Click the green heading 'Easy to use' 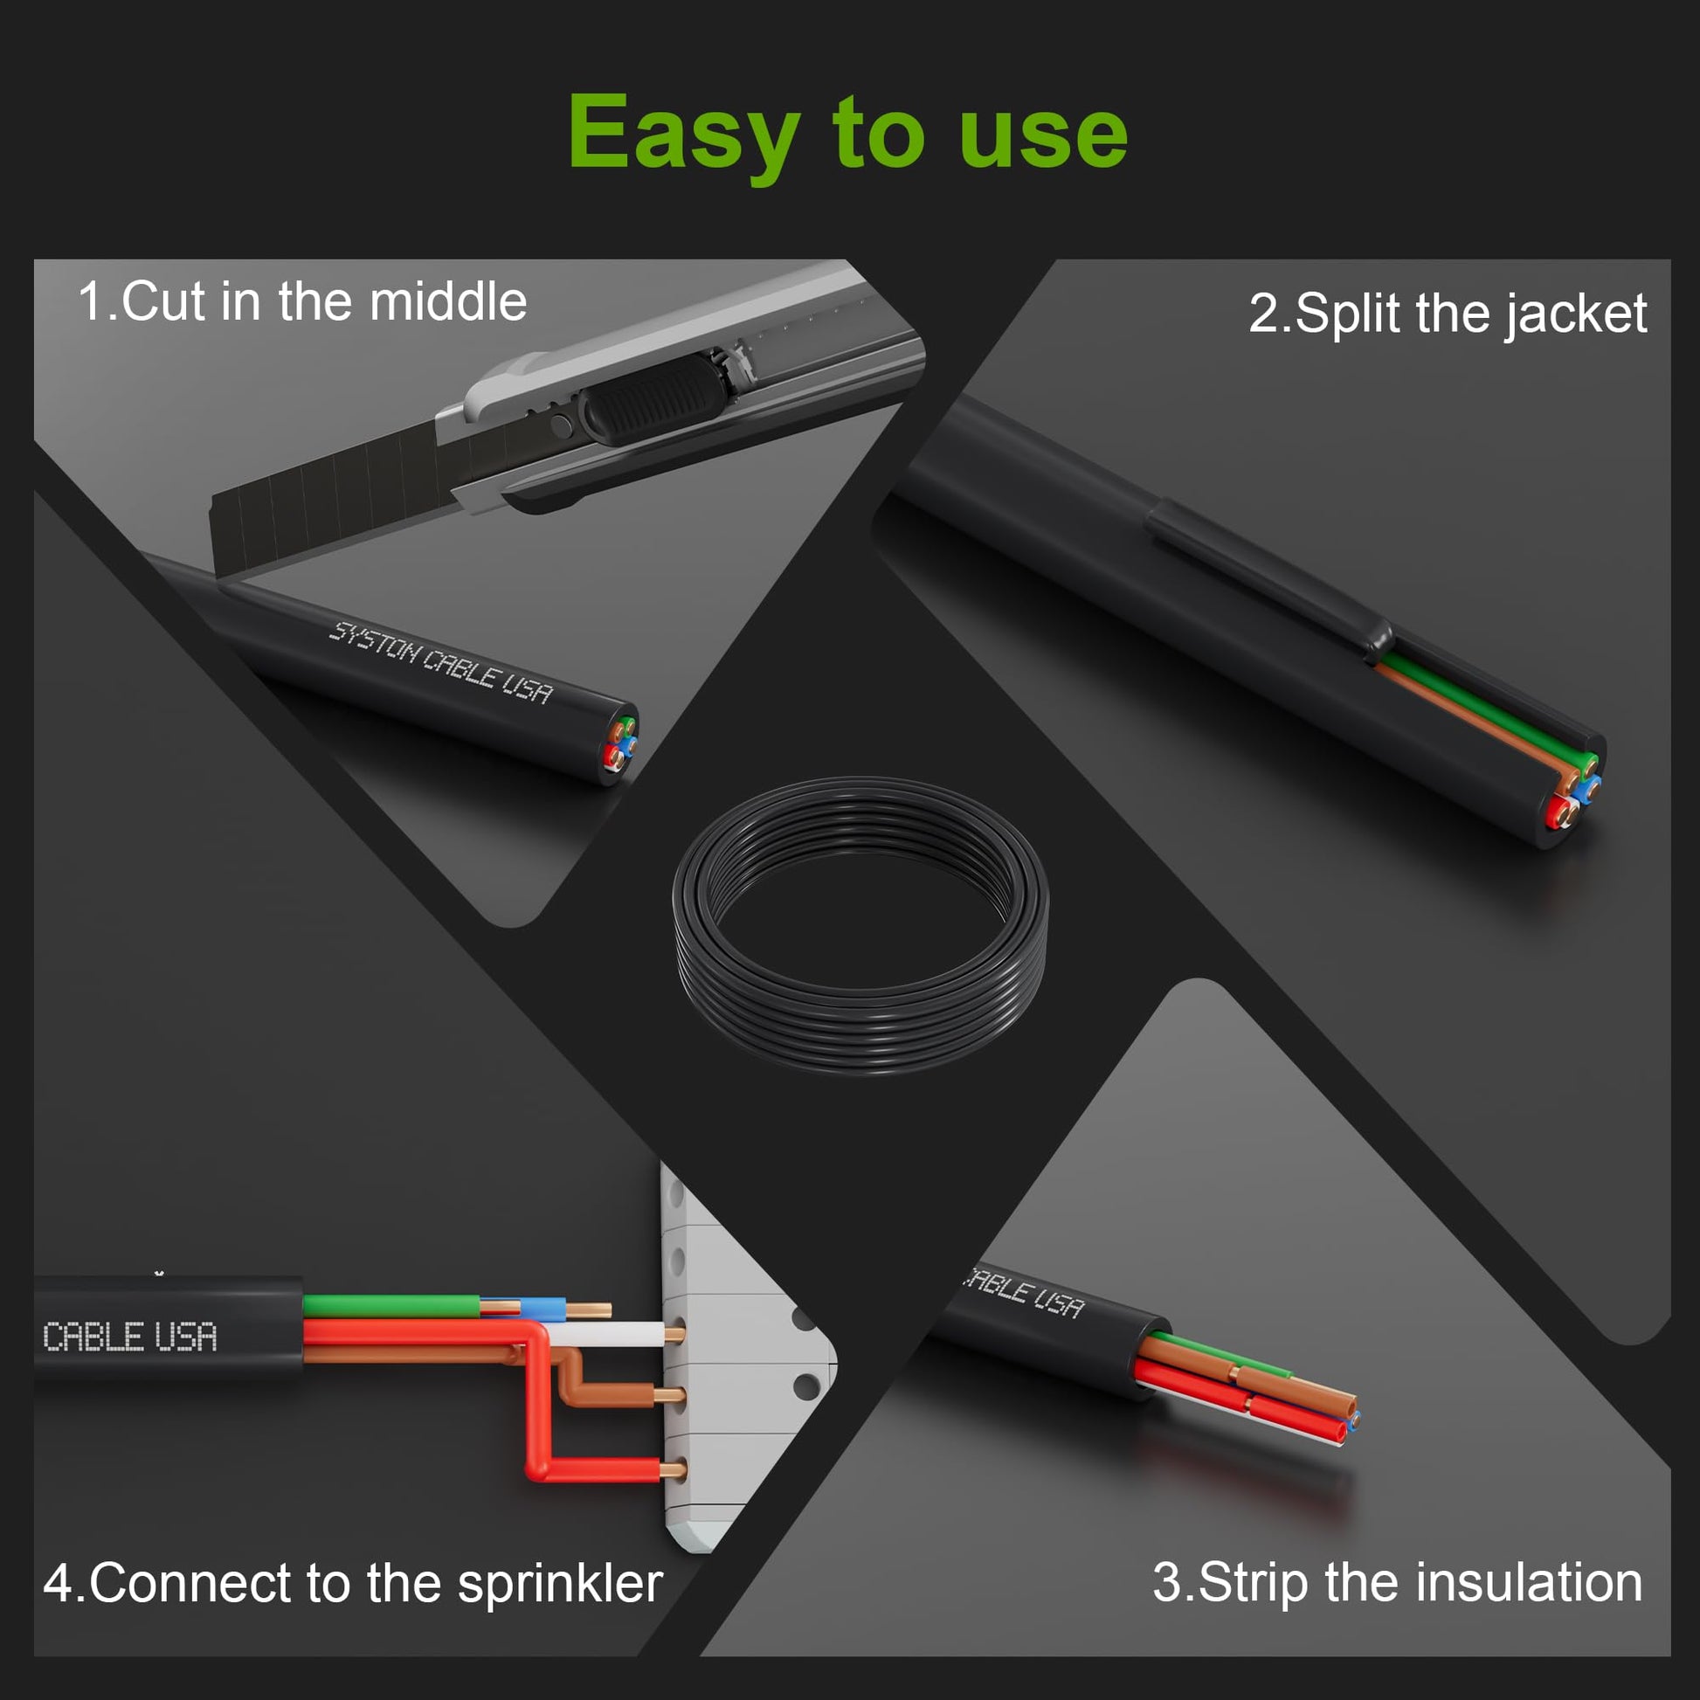847,135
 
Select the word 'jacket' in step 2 1575,314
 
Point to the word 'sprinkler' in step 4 560,1585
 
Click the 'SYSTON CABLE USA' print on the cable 441,662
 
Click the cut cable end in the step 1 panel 618,744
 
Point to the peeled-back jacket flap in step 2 1267,577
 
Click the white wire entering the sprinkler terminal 607,1334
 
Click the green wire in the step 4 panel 391,1305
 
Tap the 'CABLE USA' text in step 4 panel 129,1337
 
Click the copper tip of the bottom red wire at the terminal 674,1468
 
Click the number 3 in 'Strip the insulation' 1165,1583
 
